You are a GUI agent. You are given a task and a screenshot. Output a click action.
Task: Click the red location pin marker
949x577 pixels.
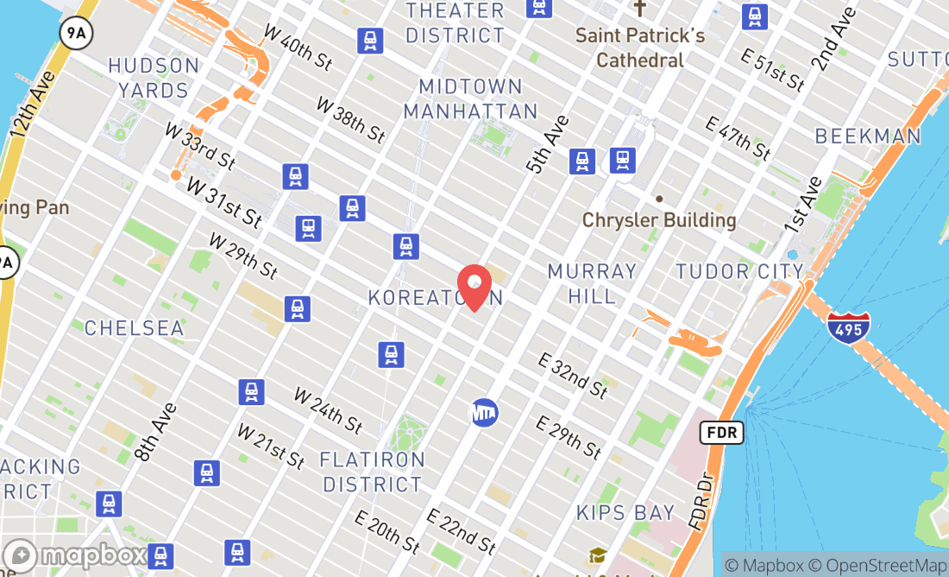pos(474,287)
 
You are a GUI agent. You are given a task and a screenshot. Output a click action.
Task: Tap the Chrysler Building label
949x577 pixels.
pos(659,219)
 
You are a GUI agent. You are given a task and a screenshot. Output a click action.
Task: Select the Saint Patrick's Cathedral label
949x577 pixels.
pos(640,48)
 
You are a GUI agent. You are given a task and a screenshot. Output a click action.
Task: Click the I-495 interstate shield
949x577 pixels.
pos(848,327)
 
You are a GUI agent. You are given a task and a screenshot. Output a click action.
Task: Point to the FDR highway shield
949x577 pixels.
pos(721,433)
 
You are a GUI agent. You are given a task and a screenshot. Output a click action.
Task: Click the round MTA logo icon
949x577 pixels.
pos(484,412)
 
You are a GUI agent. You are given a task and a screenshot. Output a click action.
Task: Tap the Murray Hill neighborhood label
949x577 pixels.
pos(592,283)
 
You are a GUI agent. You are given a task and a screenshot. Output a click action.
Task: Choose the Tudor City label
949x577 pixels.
pos(739,271)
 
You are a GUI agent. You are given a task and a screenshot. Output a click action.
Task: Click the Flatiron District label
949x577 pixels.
pos(373,472)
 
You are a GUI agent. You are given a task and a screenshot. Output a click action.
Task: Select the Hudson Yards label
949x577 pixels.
pos(154,78)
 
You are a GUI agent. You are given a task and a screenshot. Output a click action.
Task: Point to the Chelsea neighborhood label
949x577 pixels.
pos(134,328)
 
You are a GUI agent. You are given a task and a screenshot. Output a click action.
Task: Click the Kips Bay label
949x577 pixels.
pos(625,512)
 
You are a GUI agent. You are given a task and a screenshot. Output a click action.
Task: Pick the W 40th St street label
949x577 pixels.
pos(298,48)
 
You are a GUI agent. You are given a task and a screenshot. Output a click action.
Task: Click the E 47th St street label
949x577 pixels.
pos(738,136)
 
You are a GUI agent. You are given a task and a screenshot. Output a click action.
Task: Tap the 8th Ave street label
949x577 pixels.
pos(156,431)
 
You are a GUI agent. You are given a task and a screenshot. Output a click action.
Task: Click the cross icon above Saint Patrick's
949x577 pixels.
pos(639,9)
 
